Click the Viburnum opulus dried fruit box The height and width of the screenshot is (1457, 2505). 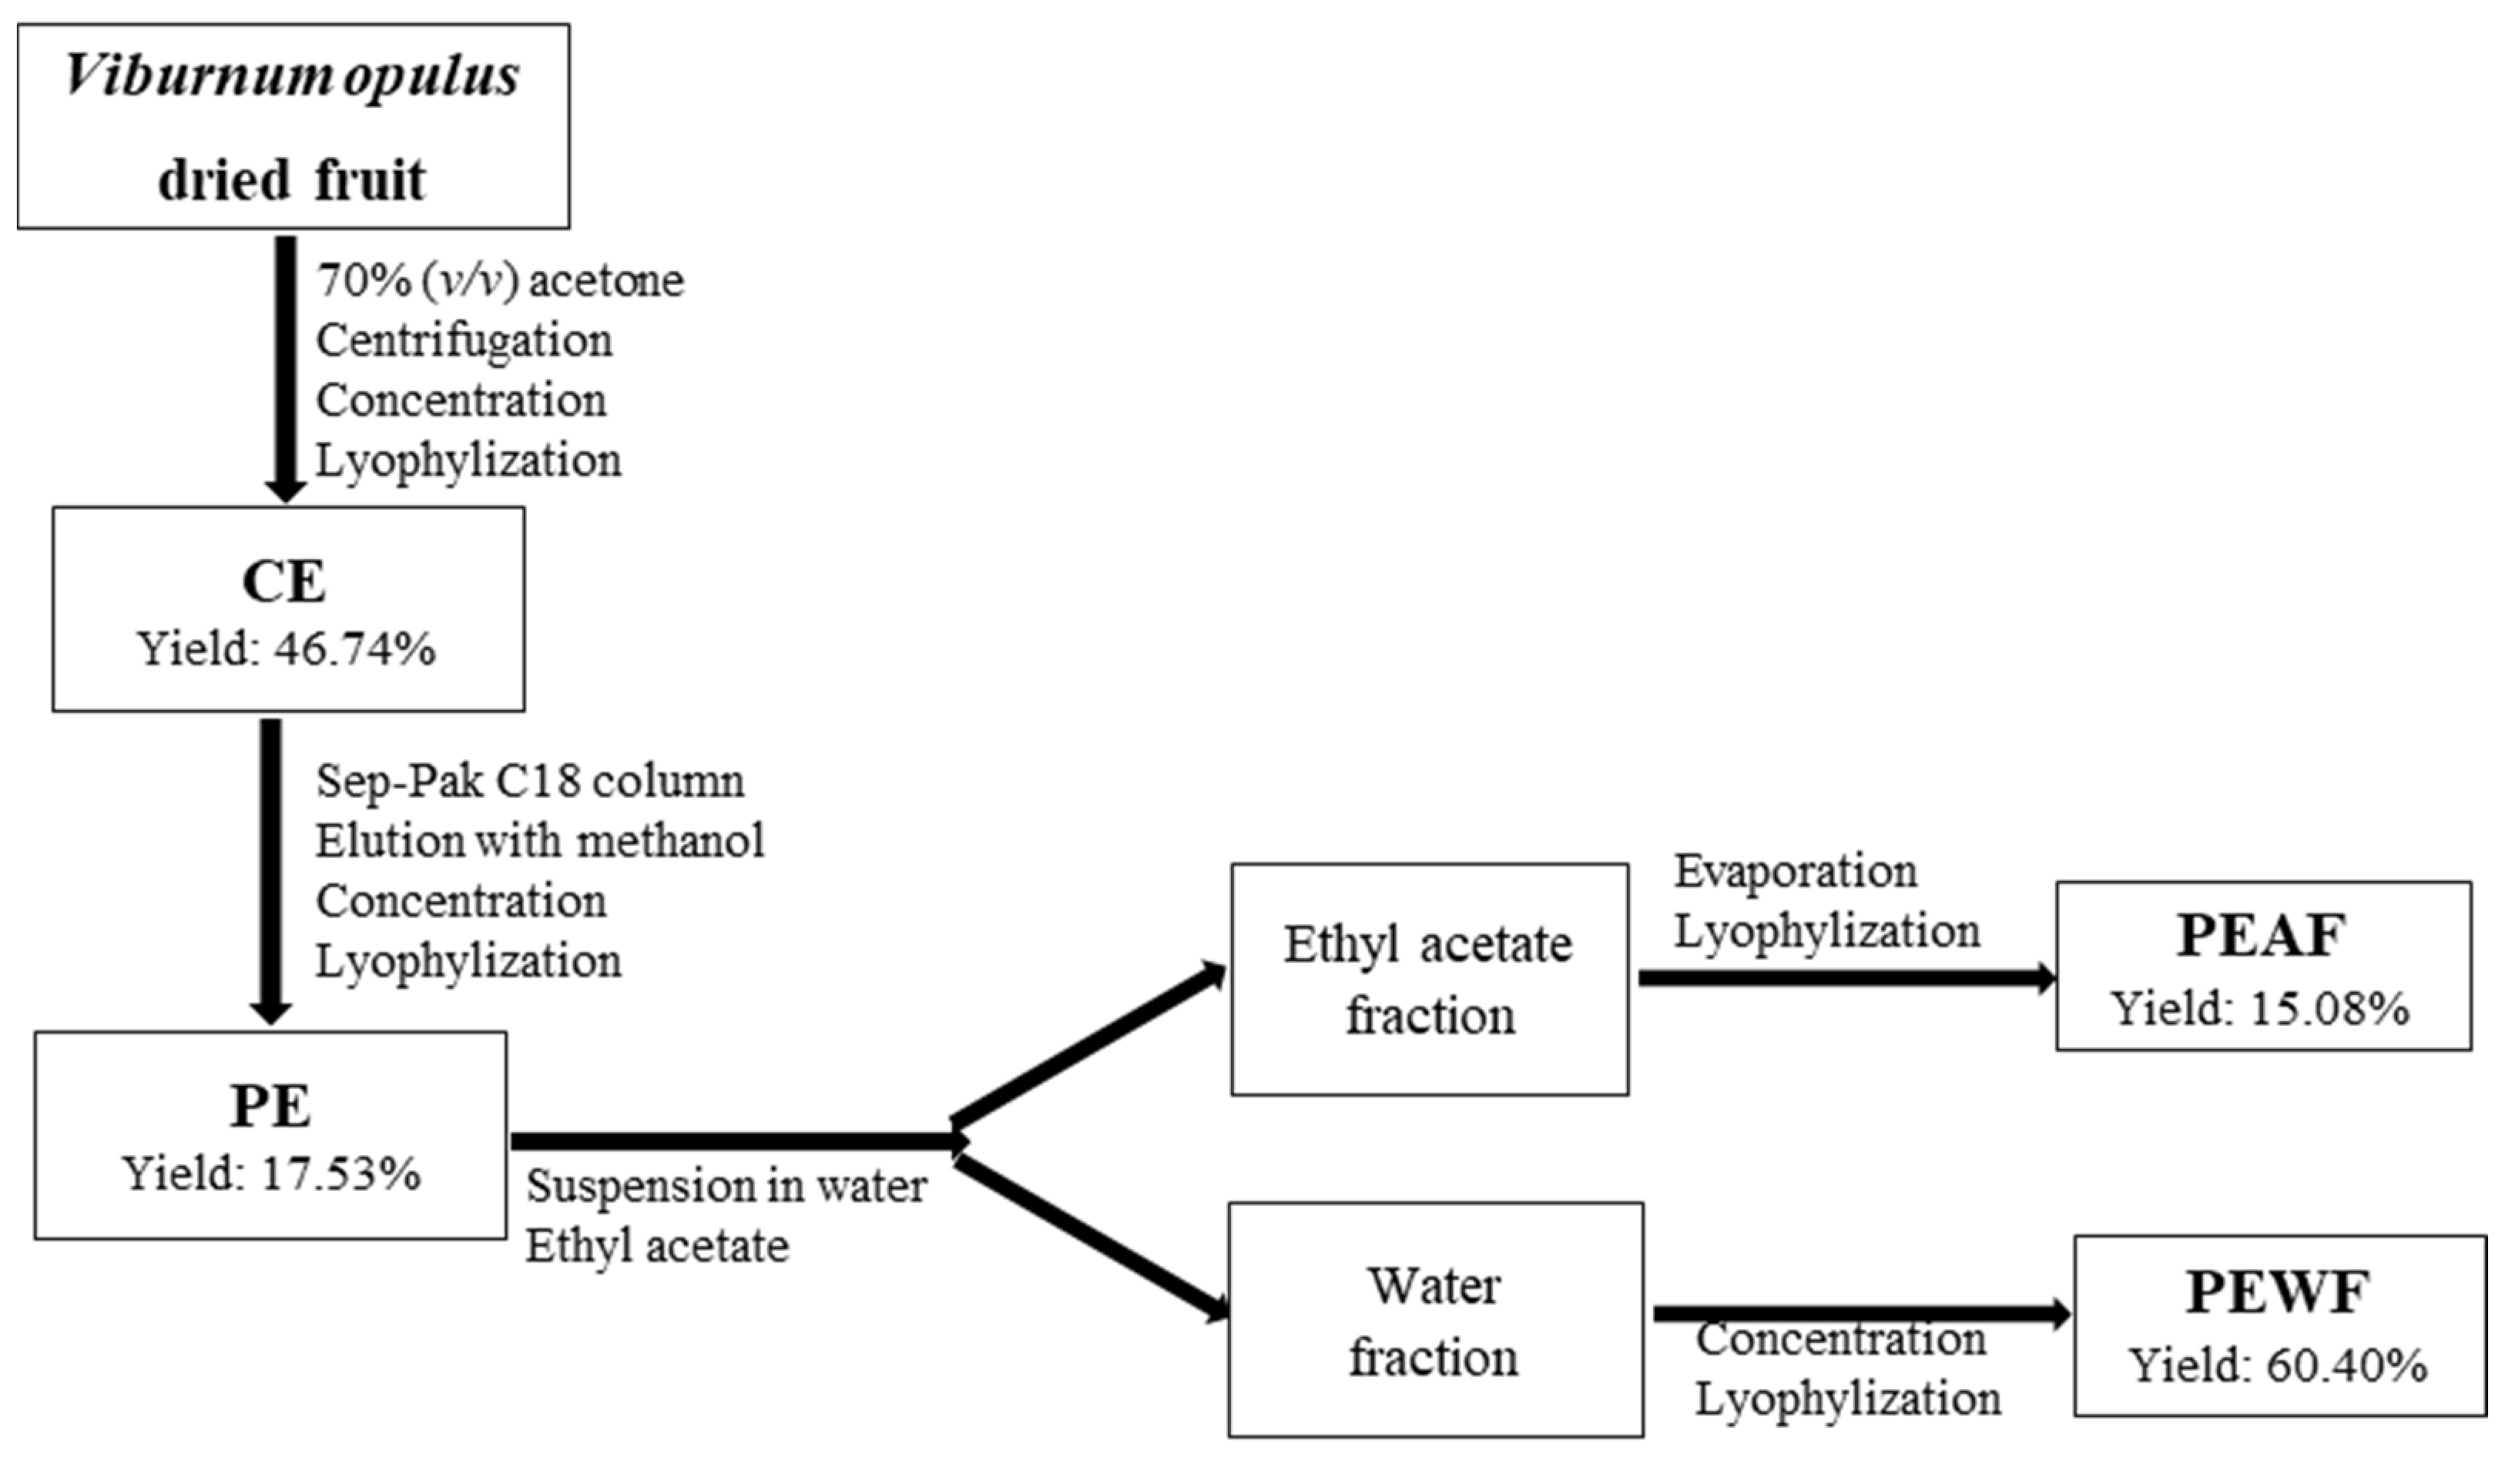(x=293, y=126)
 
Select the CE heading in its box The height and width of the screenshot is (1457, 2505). (x=283, y=581)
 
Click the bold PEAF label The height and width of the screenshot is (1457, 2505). (x=2262, y=935)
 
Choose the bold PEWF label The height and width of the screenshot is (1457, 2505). (x=2277, y=1292)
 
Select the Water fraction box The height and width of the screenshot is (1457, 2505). (x=1434, y=1320)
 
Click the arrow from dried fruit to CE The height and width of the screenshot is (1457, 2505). (x=285, y=368)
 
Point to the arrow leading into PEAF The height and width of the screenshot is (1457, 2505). (x=1847, y=978)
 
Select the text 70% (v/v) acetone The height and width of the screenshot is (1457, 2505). (x=500, y=281)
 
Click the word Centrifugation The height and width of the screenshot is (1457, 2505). (x=464, y=341)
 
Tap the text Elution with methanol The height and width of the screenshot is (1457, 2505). (x=540, y=841)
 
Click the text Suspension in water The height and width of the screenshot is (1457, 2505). (x=726, y=1186)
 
